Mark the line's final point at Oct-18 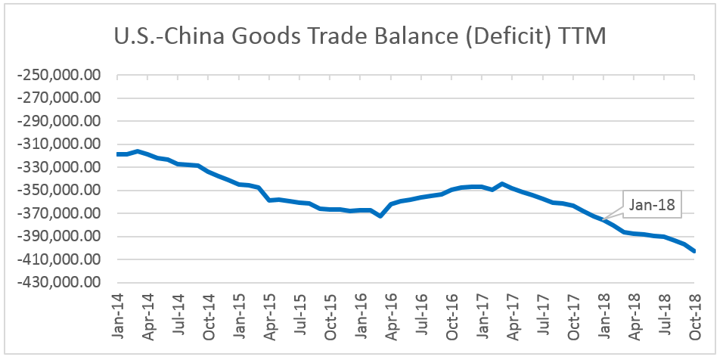694,252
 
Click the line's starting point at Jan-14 118,154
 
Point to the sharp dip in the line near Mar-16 380,216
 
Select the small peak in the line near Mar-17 502,184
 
